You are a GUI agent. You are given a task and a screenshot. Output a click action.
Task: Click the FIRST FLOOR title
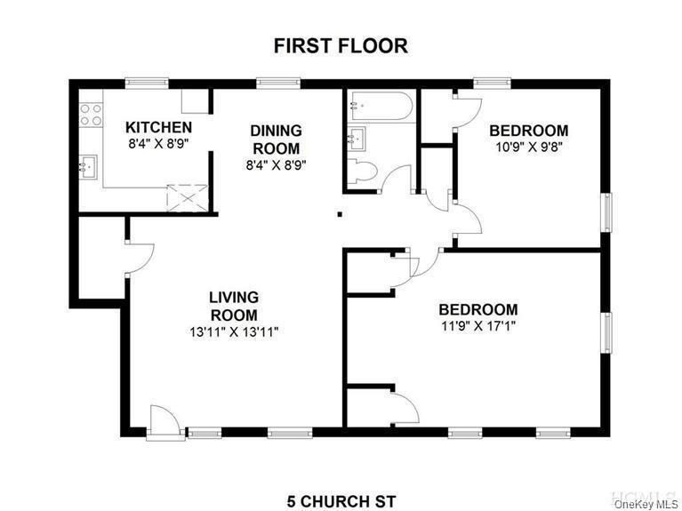[x=341, y=45]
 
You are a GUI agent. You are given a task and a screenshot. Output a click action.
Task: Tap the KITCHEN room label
[x=158, y=127]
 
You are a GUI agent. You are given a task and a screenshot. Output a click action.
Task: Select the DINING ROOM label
[x=277, y=140]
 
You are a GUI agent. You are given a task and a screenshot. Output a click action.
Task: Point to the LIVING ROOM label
[x=234, y=306]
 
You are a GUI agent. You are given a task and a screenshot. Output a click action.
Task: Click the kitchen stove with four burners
[x=90, y=114]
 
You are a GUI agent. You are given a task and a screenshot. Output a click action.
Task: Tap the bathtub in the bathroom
[x=380, y=107]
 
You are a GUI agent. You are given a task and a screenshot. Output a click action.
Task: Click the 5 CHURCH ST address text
[x=341, y=500]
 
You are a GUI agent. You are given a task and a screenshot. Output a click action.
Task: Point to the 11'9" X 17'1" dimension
[x=477, y=326]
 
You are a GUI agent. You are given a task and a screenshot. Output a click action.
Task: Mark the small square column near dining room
[x=339, y=213]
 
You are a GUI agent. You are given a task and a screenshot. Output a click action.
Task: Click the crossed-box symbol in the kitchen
[x=188, y=196]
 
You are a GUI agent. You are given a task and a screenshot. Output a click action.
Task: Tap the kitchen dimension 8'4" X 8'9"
[x=158, y=143]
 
